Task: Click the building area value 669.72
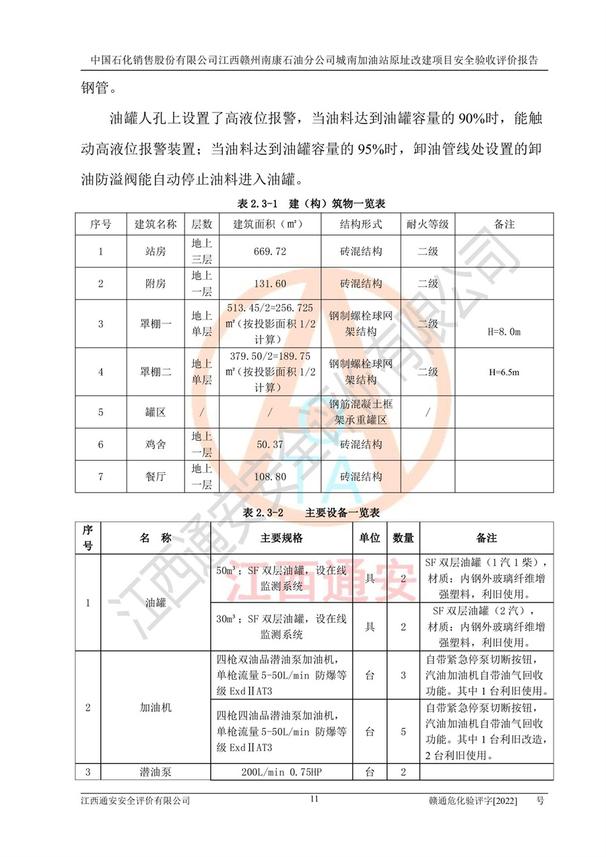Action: pos(270,251)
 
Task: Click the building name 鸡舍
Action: pos(156,445)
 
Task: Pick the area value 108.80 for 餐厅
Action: pos(270,476)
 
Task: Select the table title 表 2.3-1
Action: pos(255,203)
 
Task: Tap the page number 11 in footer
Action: pos(314,799)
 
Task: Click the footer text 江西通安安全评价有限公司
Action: pos(135,800)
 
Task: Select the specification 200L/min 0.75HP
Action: pos(281,771)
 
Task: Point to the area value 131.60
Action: pos(270,284)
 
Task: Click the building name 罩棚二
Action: pos(156,372)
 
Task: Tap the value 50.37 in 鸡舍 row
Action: pos(270,445)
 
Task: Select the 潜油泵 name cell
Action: pos(156,771)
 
